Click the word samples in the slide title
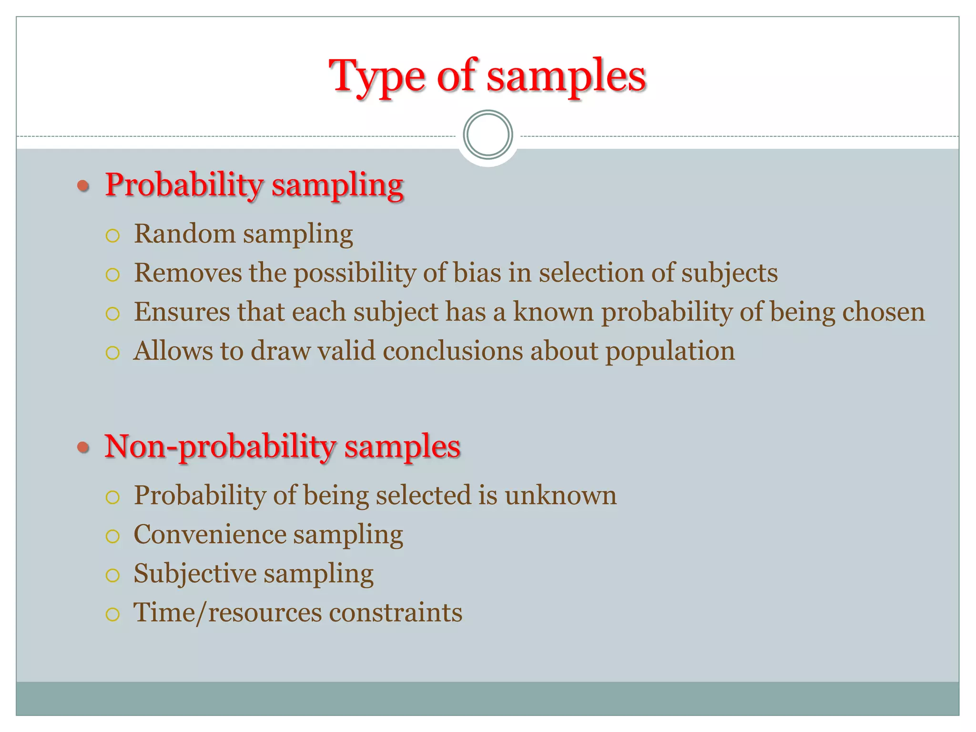pos(566,76)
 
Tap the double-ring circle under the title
pos(488,134)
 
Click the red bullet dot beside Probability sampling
pos(83,185)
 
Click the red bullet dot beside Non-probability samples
pos(83,447)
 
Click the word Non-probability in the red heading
pos(220,447)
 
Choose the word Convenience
pos(210,535)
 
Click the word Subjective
pos(195,574)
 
